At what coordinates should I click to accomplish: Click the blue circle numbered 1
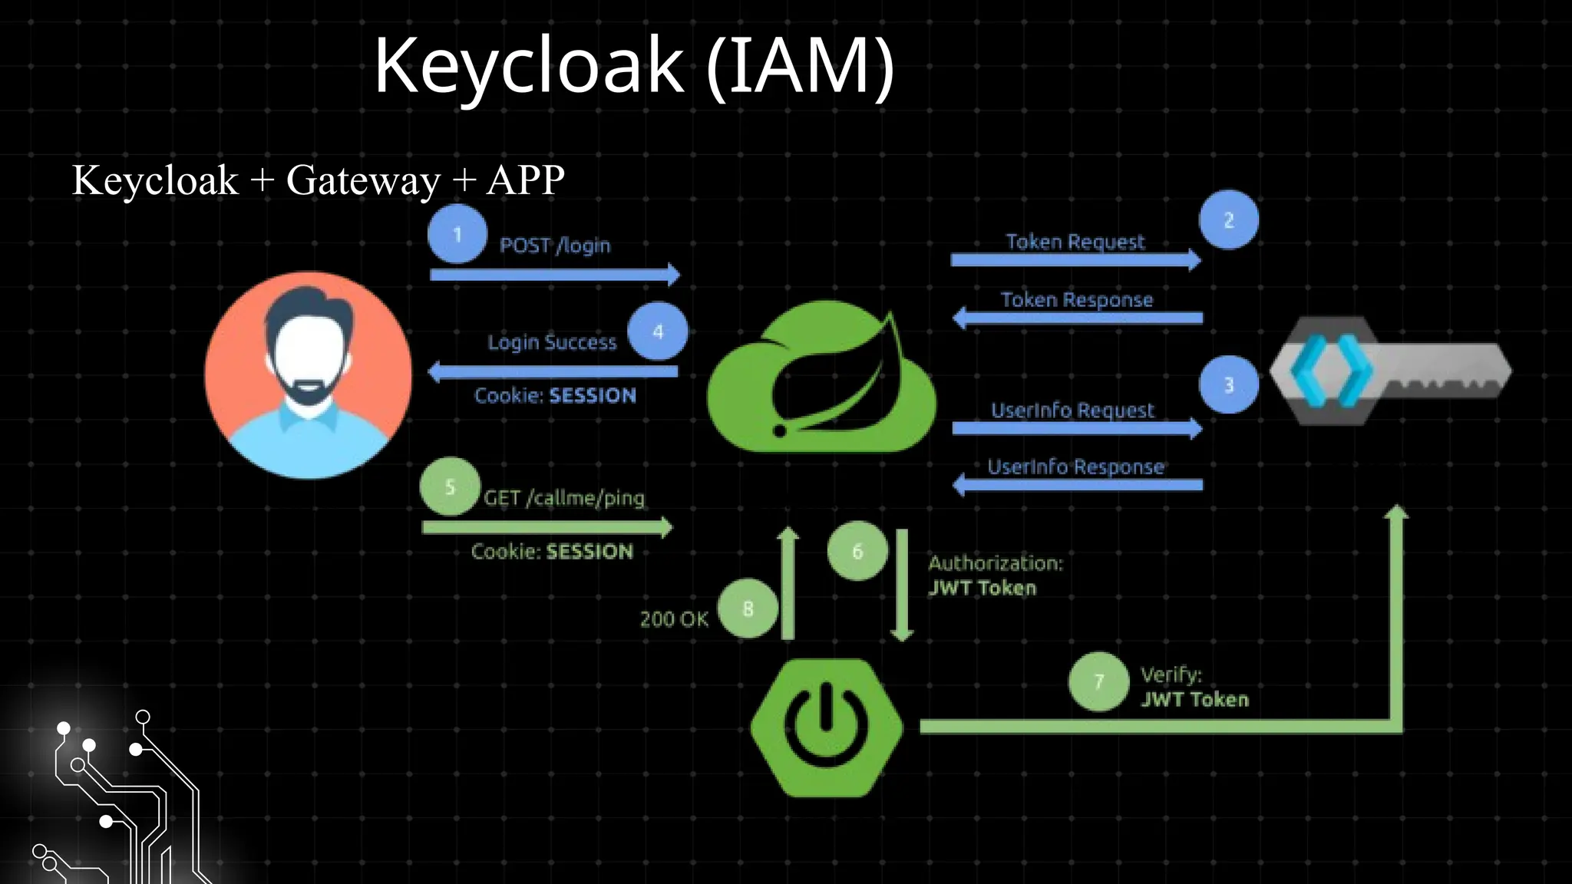[457, 234]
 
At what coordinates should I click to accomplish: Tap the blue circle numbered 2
[1229, 220]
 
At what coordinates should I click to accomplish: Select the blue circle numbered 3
[1229, 384]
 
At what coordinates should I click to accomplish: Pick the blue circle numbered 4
[658, 331]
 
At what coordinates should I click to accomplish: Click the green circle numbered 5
[451, 487]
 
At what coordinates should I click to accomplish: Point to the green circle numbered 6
[857, 551]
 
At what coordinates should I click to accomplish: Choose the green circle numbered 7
[1098, 681]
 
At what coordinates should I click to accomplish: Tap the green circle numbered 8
[748, 609]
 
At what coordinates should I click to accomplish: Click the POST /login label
[555, 246]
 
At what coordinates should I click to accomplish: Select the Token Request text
[1075, 242]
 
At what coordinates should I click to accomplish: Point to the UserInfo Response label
[1075, 467]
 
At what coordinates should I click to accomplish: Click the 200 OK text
[674, 619]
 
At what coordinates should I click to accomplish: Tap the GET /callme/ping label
[564, 498]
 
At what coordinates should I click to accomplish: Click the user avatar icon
[309, 375]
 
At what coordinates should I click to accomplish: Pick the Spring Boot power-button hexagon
[827, 727]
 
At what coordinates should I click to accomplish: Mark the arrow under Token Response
[1077, 318]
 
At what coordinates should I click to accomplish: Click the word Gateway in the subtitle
[363, 180]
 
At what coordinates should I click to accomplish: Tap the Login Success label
[552, 342]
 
